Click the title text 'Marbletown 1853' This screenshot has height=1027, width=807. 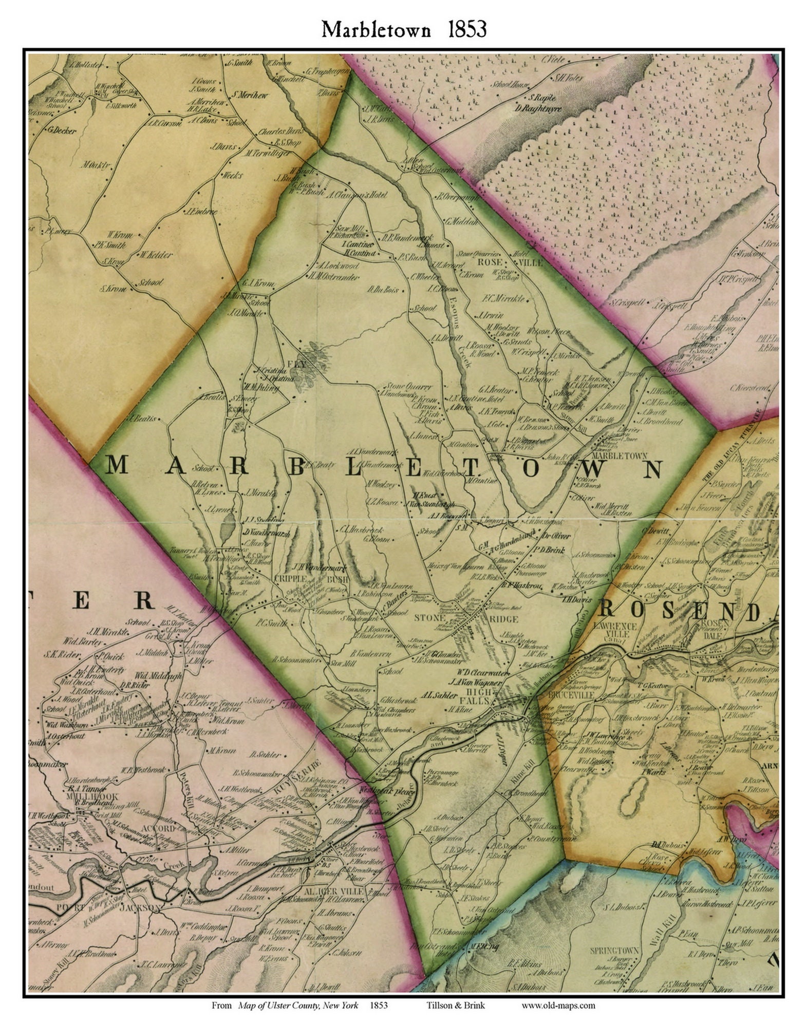pyautogui.click(x=404, y=30)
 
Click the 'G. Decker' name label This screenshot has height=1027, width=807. pyautogui.click(x=62, y=130)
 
